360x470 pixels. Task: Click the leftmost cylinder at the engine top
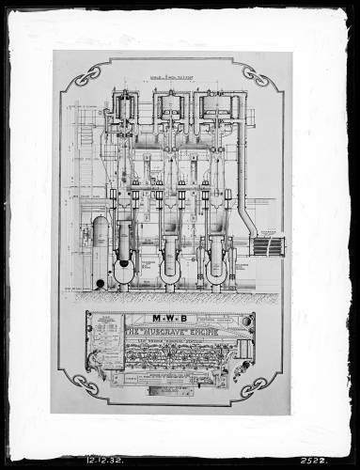click(x=123, y=111)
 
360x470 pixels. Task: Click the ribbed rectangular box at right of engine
click(x=269, y=245)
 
